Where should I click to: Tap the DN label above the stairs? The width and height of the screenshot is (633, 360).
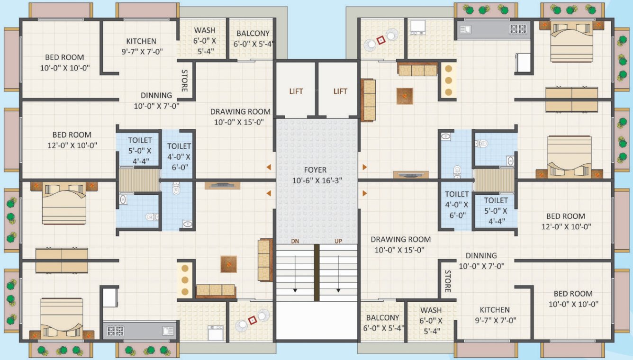pyautogui.click(x=294, y=241)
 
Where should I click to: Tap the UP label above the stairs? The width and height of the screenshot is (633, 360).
pyautogui.click(x=338, y=241)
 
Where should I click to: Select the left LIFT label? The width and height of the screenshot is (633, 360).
pyautogui.click(x=296, y=91)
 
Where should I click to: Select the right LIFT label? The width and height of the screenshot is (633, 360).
pyautogui.click(x=340, y=91)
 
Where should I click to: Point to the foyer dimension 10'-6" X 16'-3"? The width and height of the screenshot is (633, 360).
pyautogui.click(x=316, y=180)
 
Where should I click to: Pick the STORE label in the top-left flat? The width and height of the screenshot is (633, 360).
pyautogui.click(x=184, y=81)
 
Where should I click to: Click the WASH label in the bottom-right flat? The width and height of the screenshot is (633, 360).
pyautogui.click(x=431, y=310)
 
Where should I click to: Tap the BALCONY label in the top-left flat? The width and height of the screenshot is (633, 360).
pyautogui.click(x=253, y=34)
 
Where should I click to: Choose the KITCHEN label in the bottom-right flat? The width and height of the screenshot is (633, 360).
pyautogui.click(x=494, y=310)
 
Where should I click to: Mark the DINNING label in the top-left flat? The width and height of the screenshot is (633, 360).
pyautogui.click(x=156, y=95)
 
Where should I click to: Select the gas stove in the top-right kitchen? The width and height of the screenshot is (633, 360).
pyautogui.click(x=517, y=29)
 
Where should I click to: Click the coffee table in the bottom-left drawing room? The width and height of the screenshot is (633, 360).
pyautogui.click(x=228, y=264)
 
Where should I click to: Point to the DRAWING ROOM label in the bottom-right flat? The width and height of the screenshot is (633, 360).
pyautogui.click(x=400, y=239)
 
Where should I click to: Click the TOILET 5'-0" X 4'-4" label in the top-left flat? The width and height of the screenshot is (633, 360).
pyautogui.click(x=140, y=140)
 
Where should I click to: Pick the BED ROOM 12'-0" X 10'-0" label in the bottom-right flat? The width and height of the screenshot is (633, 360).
pyautogui.click(x=566, y=216)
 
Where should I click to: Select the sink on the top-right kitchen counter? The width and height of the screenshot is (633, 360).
pyautogui.click(x=465, y=29)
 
